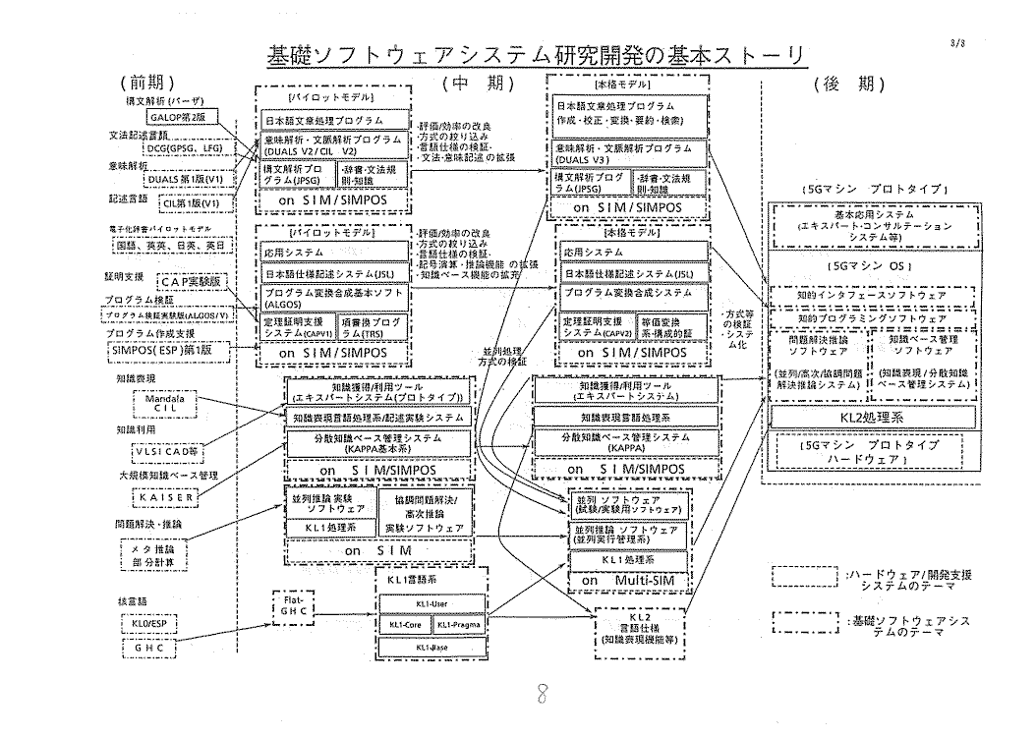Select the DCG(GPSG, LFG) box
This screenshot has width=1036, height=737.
[185, 148]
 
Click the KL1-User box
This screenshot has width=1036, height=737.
[432, 603]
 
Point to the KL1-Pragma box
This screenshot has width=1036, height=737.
[459, 624]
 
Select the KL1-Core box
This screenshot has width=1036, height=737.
[403, 624]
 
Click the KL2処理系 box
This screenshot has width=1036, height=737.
[874, 418]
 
